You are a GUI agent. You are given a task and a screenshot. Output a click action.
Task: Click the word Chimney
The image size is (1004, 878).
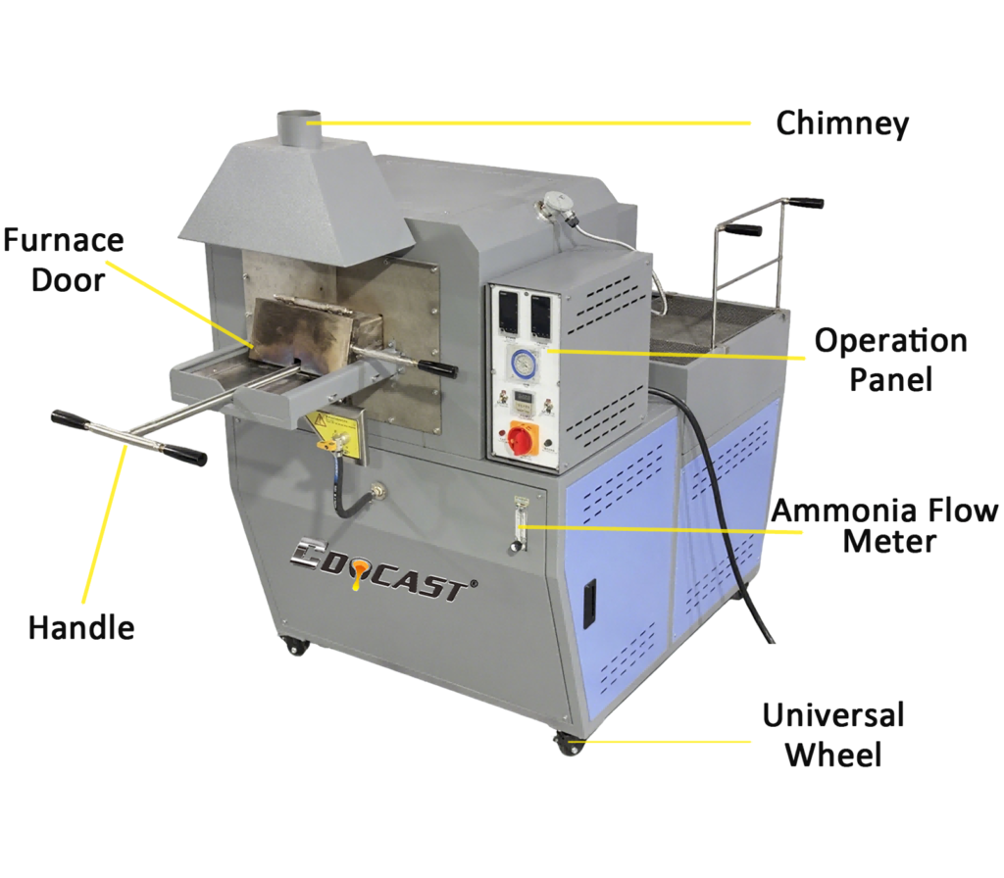point(842,123)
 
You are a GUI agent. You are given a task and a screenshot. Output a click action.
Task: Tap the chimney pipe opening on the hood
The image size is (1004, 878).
point(299,120)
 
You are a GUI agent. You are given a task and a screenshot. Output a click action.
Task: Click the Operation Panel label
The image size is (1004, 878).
point(890,360)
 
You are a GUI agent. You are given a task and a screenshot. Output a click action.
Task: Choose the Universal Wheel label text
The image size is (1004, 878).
point(833,734)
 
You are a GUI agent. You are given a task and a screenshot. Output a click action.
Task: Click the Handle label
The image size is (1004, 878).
point(81,627)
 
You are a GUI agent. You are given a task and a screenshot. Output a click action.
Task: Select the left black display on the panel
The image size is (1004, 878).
point(508,312)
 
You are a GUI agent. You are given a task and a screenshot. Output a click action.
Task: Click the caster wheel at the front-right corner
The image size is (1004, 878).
point(568,744)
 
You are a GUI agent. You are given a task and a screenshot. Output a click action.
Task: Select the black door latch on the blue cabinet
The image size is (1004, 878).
point(588,603)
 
